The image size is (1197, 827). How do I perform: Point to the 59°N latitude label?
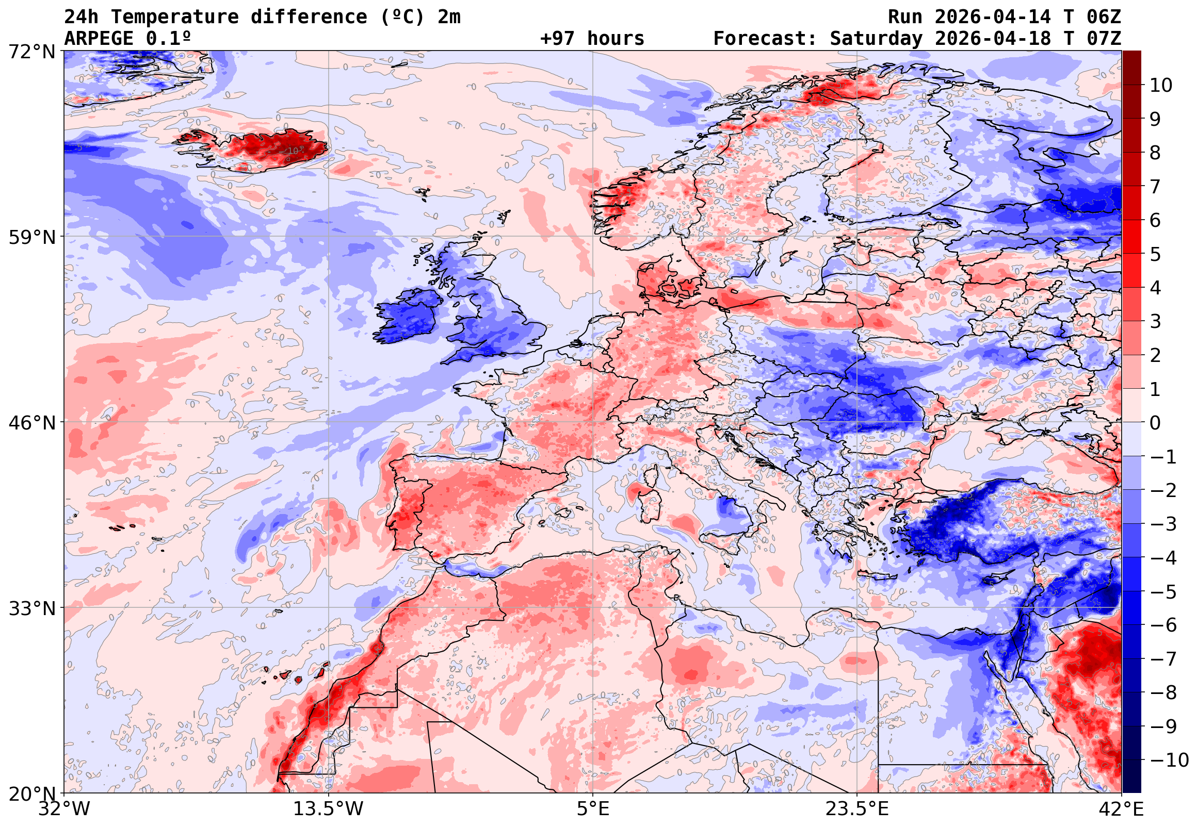31,237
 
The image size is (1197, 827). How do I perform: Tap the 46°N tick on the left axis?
31,423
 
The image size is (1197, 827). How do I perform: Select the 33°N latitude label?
31,608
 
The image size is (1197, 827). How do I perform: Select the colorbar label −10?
1169,760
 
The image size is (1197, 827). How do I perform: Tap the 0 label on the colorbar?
1155,423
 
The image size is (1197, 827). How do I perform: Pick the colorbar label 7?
1155,187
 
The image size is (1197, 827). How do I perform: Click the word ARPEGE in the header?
99,39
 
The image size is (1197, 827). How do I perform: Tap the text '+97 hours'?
592,39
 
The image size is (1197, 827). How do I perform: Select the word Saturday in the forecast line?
876,39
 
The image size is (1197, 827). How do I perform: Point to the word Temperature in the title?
174,17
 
